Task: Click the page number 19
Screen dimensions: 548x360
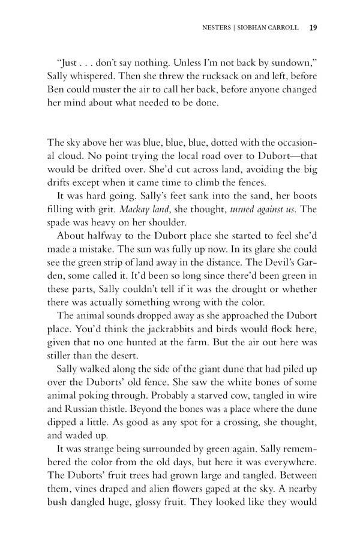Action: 313,27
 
